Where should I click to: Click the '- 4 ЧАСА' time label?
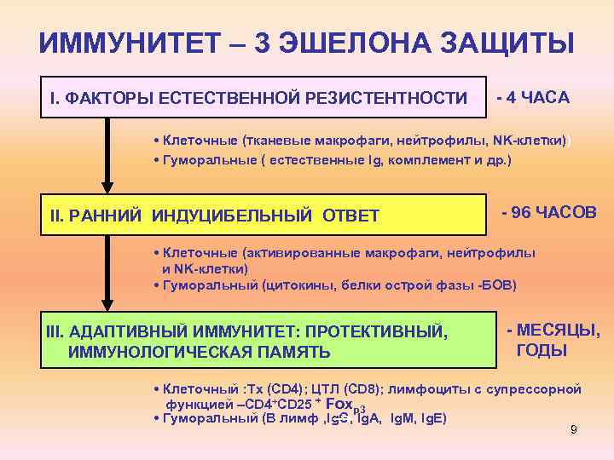532,97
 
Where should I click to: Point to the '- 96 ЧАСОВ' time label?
549,210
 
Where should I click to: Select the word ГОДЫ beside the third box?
542,351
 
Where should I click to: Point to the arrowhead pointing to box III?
106,305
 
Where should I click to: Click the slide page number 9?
574,430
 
